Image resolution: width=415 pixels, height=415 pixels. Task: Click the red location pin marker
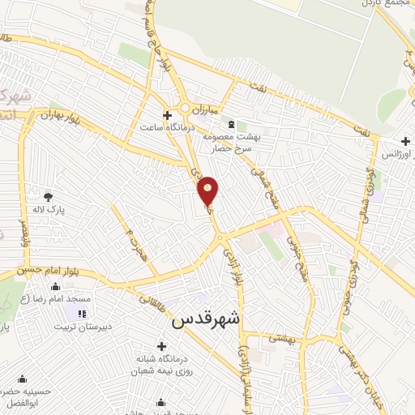208,190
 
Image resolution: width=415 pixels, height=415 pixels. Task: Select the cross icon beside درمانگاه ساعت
167,116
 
